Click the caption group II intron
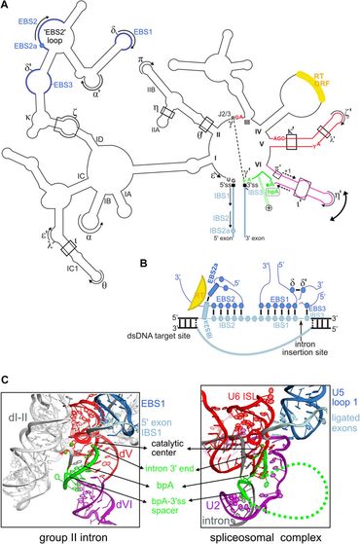coord(55,536)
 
